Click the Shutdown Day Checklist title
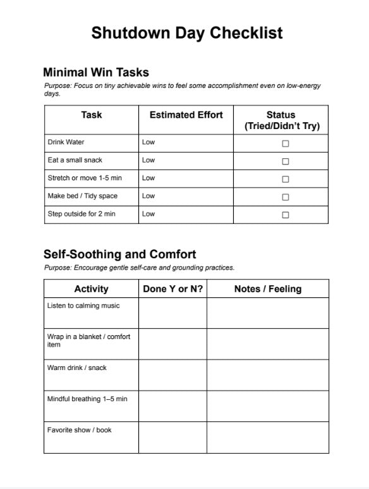click(x=186, y=33)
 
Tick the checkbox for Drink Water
click(x=285, y=144)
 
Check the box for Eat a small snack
click(x=285, y=161)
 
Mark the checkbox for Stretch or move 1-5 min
click(x=285, y=179)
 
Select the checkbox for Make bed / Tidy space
click(x=285, y=197)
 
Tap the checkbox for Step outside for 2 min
click(x=285, y=214)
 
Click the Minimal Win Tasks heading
click(x=96, y=72)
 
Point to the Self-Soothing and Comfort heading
click(x=119, y=254)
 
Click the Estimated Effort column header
click(x=186, y=115)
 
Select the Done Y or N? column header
click(x=172, y=289)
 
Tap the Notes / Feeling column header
click(x=267, y=289)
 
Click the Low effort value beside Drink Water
click(x=148, y=142)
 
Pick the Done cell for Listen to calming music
click(x=172, y=313)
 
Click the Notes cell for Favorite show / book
click(x=267, y=437)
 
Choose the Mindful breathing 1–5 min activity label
click(x=87, y=399)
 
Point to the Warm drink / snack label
click(x=77, y=368)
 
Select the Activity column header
click(x=91, y=289)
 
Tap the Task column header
click(x=91, y=115)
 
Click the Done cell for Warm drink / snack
click(x=172, y=375)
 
